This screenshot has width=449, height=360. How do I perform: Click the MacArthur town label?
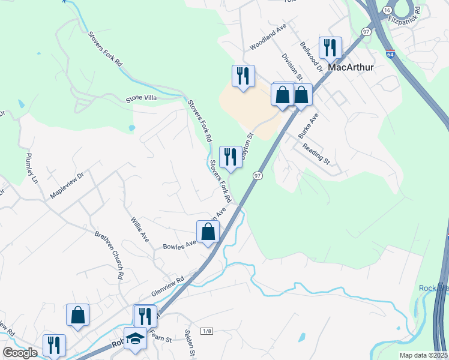point(351,67)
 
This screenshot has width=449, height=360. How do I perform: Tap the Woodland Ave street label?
point(268,37)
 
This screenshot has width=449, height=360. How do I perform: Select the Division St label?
point(289,65)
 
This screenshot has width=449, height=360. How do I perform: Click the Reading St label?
point(316,154)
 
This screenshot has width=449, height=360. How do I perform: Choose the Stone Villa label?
point(141,99)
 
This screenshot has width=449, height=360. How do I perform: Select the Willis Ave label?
point(140,229)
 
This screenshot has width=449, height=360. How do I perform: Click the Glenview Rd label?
point(168,285)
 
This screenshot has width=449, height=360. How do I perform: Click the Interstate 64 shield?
point(390,54)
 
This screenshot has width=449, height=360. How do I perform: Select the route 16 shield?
point(388,11)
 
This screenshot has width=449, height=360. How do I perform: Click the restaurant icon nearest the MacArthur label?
point(330,47)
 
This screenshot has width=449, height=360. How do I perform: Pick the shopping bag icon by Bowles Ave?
point(208,231)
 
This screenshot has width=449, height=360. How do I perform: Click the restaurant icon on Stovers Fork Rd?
point(231,157)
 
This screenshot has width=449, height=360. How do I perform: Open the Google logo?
point(20,353)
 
